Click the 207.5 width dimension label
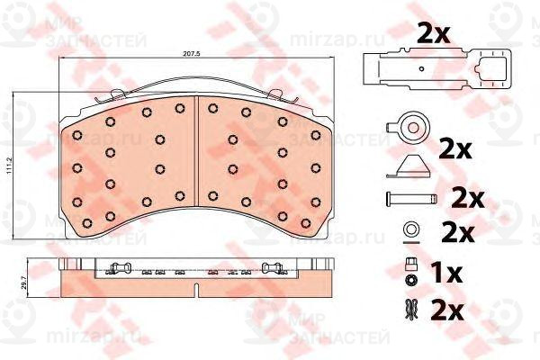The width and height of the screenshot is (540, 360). (x=191, y=57)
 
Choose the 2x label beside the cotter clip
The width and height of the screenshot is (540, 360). (x=446, y=311)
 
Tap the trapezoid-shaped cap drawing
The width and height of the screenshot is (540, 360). (x=412, y=166)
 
